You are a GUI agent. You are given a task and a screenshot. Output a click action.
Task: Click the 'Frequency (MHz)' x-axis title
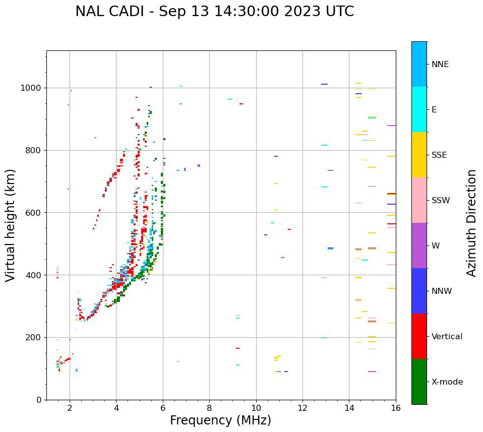click(x=220, y=420)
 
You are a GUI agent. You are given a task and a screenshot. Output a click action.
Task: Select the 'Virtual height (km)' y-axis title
click(x=11, y=225)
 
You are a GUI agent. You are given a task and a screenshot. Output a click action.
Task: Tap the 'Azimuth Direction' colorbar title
click(x=471, y=223)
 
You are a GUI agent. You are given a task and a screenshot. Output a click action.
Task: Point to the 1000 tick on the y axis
click(x=33, y=88)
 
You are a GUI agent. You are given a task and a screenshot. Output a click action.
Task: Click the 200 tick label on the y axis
click(x=35, y=337)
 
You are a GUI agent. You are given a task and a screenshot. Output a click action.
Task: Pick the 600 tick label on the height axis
click(x=35, y=213)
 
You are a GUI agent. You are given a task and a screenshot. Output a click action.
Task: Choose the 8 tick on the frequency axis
click(x=209, y=408)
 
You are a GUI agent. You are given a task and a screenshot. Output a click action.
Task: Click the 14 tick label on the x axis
click(x=349, y=408)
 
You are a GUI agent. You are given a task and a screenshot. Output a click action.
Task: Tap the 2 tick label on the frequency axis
click(x=70, y=408)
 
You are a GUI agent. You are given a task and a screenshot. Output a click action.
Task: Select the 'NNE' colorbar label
click(x=440, y=65)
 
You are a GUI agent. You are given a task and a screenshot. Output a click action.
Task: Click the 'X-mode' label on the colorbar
click(x=447, y=382)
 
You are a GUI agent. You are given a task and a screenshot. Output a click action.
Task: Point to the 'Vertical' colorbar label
click(x=447, y=337)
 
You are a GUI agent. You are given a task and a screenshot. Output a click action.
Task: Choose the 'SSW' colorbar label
click(x=441, y=201)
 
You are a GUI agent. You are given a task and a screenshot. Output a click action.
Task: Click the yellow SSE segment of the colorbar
click(x=419, y=155)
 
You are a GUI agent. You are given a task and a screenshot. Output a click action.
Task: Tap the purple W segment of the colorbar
click(x=419, y=245)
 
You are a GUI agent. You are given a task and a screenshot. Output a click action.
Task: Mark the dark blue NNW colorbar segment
click(x=419, y=291)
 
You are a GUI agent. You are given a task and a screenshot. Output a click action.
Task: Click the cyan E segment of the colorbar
click(x=419, y=109)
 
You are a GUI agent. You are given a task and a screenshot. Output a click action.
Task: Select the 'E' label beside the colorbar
click(x=434, y=110)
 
